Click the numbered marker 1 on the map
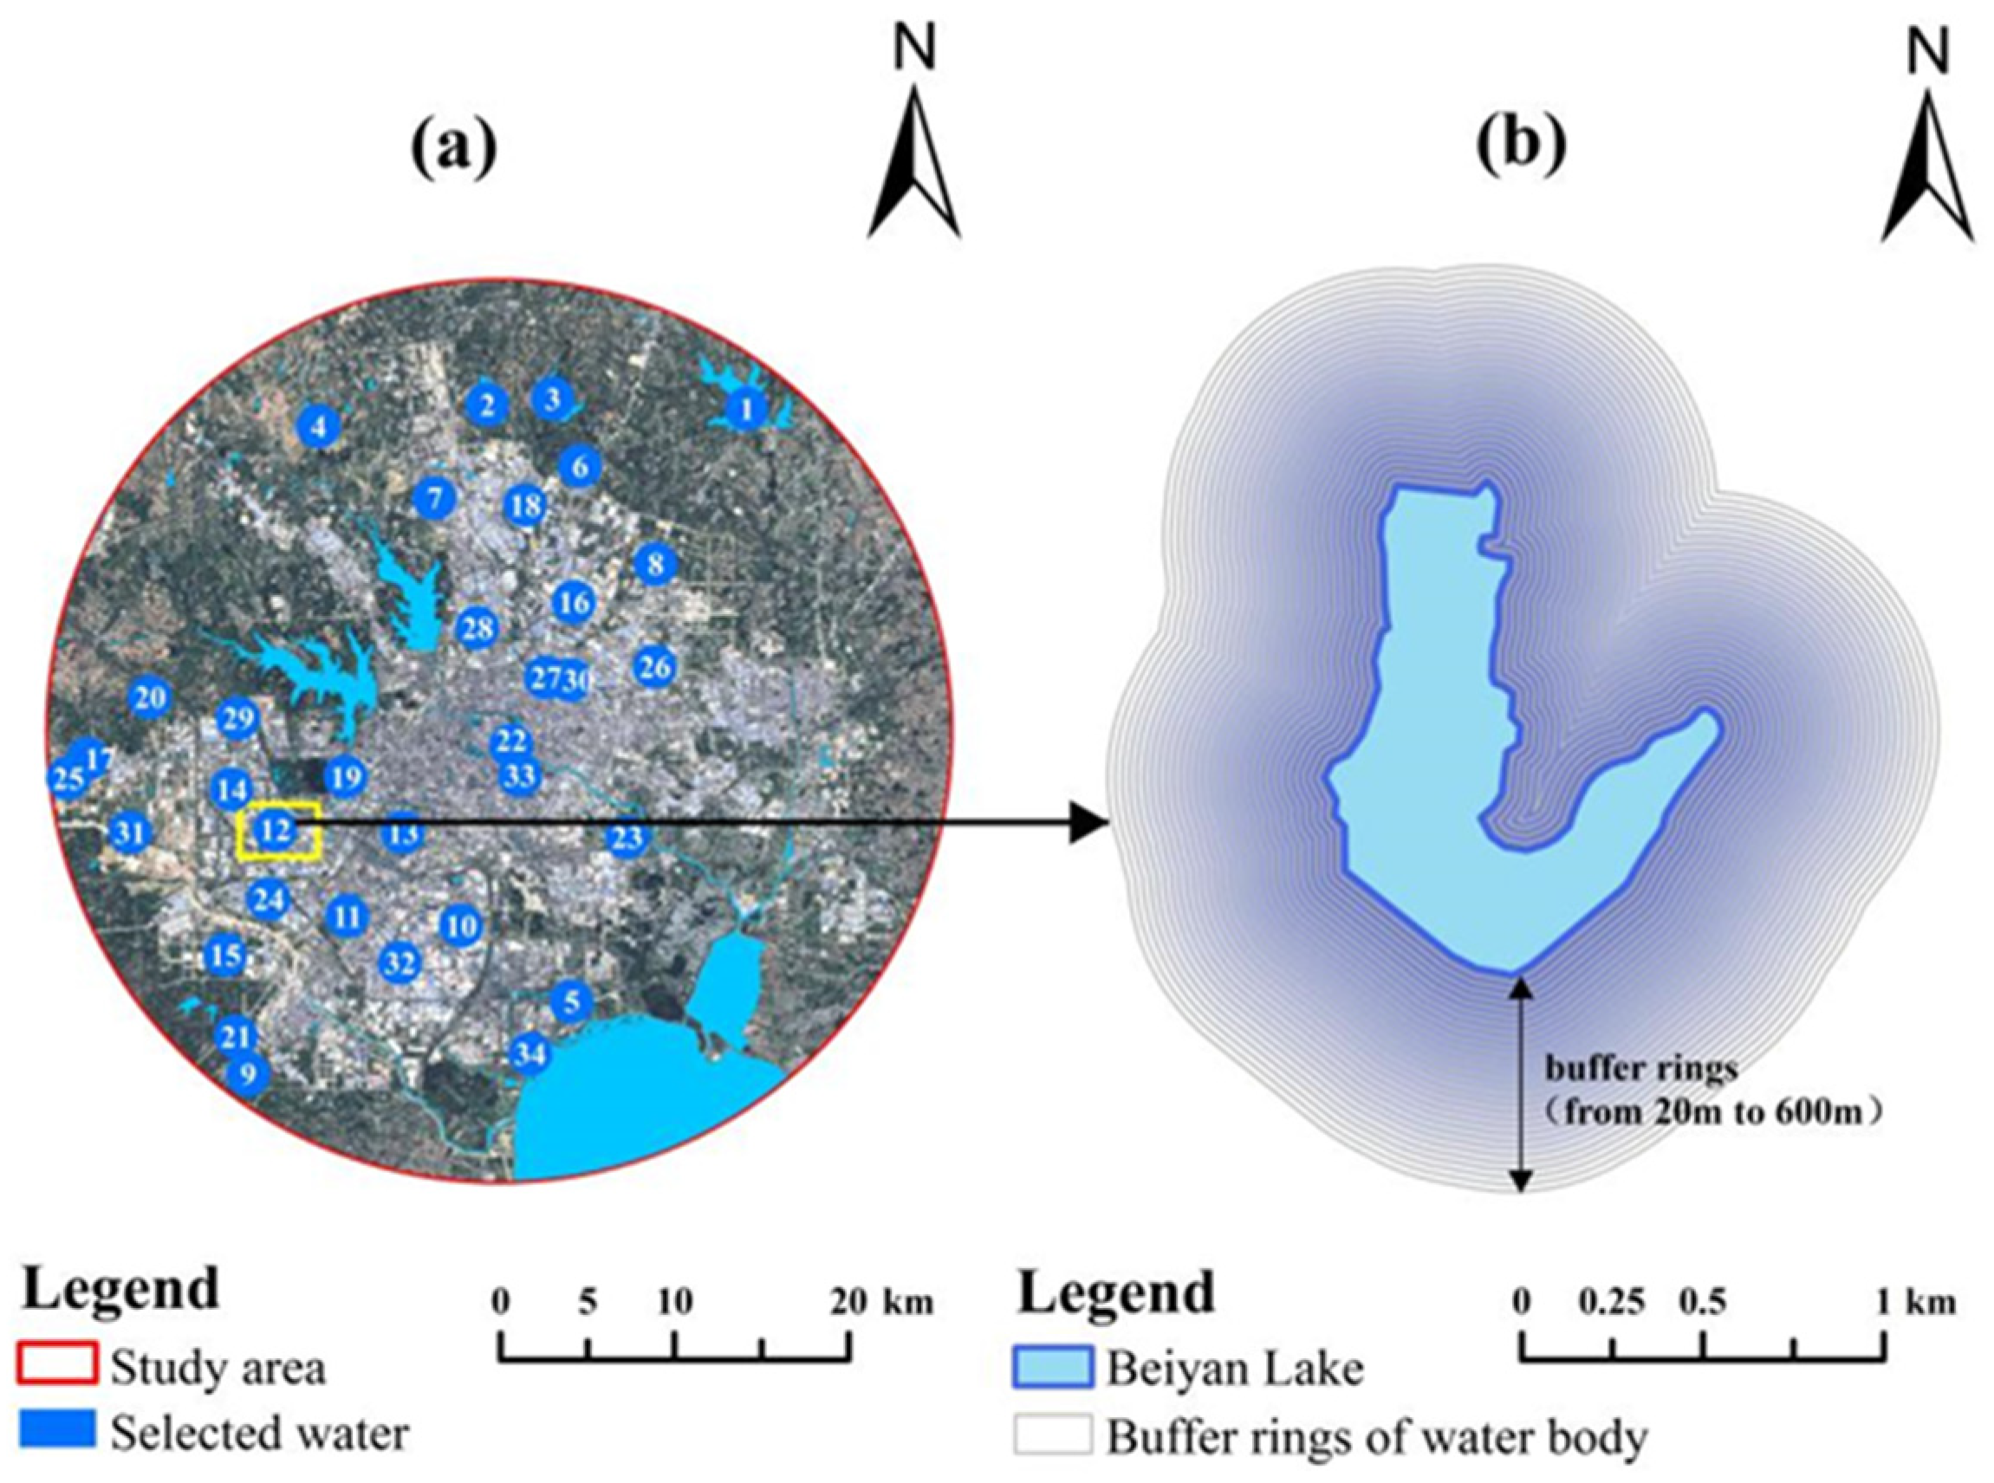[x=746, y=411]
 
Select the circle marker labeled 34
[x=529, y=1053]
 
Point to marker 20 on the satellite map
[x=150, y=697]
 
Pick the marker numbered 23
[x=627, y=839]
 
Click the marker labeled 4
[x=318, y=427]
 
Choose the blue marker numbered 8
[x=655, y=565]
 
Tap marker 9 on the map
[x=248, y=1073]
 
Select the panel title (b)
[x=1523, y=145]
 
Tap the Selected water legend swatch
[x=55, y=1428]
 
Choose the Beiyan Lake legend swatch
[x=1054, y=1367]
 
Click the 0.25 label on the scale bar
[x=1614, y=1301]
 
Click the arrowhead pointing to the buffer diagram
[x=1088, y=822]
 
